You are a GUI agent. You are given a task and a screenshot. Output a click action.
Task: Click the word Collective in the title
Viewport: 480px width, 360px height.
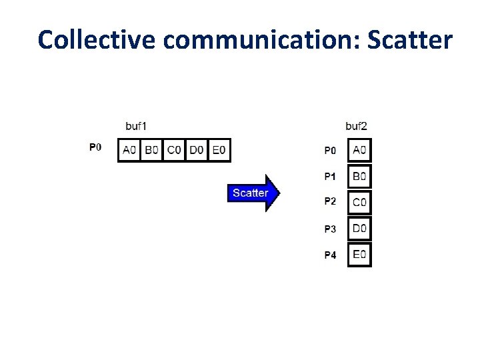coord(97,39)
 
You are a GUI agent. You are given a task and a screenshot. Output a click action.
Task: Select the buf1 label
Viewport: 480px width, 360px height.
coord(137,125)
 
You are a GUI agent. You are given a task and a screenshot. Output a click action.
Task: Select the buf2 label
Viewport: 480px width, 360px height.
coord(356,125)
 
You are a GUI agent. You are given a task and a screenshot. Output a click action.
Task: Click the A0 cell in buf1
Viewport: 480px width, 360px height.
coord(129,150)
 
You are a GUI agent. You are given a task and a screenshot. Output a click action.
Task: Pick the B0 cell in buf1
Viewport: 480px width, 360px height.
coord(151,150)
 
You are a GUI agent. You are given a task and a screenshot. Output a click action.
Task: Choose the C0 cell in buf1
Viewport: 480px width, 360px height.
coord(174,150)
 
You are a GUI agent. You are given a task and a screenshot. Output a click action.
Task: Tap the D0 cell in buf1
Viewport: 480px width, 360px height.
coord(196,150)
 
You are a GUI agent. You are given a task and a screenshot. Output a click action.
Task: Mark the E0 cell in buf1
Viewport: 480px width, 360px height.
coord(219,150)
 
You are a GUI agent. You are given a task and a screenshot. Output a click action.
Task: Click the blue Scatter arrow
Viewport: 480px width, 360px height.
coord(253,193)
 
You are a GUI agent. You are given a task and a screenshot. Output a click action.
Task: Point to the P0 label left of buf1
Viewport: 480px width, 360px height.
coord(95,147)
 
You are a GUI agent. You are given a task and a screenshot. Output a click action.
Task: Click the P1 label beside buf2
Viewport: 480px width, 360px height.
coord(330,177)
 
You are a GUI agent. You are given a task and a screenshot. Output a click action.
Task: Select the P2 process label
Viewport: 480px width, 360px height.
coord(330,201)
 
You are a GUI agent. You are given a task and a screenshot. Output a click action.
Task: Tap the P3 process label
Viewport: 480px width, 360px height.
coord(330,229)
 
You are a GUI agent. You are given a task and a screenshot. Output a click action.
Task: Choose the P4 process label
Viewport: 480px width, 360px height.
coord(330,255)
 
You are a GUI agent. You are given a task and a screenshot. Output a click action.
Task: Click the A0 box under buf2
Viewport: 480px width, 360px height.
coord(359,150)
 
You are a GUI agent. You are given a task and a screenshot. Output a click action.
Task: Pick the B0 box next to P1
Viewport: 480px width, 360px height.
coord(359,177)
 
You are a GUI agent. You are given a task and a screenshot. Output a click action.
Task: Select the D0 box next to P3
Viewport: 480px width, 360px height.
coord(359,229)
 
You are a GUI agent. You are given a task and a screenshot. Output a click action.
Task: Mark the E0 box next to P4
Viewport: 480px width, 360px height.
coord(359,254)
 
